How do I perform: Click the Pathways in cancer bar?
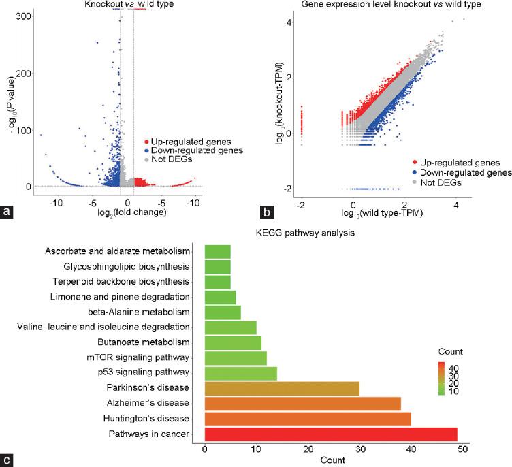click(330, 434)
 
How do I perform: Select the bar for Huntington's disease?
click(308, 418)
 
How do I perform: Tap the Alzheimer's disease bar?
click(302, 403)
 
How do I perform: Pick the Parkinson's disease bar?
click(282, 388)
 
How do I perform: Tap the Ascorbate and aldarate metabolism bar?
click(217, 250)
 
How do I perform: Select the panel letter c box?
click(7, 460)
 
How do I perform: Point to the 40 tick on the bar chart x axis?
click(411, 449)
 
